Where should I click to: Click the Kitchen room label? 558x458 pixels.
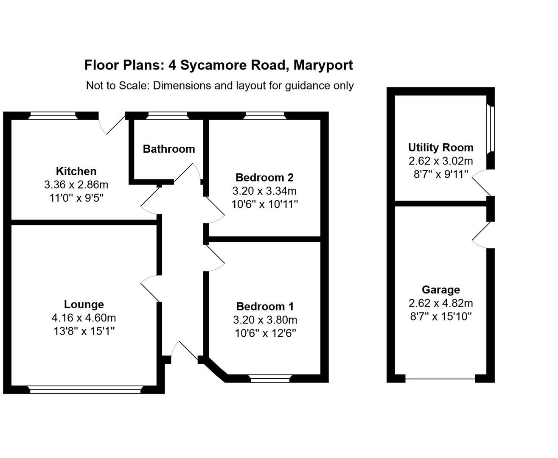click(x=76, y=171)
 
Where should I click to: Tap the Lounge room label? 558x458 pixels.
click(x=84, y=304)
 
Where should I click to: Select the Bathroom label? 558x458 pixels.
click(x=169, y=149)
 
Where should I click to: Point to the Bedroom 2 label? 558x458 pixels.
click(x=264, y=177)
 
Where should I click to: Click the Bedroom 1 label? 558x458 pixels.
click(x=265, y=307)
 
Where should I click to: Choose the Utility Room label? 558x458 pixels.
click(x=440, y=148)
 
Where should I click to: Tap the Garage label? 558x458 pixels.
click(x=440, y=290)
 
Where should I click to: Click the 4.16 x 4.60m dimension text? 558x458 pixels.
click(x=84, y=318)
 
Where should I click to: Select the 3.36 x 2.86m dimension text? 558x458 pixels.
click(x=76, y=185)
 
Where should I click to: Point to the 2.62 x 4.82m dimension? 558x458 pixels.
click(x=440, y=303)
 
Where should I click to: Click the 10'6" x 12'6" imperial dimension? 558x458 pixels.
click(x=265, y=333)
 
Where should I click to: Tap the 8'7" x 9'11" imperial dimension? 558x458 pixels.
click(x=440, y=174)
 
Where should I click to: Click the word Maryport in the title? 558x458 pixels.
click(x=323, y=65)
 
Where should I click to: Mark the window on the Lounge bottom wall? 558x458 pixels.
click(x=85, y=389)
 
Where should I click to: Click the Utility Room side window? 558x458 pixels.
click(x=491, y=128)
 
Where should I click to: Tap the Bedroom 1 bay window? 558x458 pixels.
click(x=270, y=378)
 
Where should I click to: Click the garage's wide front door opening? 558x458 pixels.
click(x=440, y=378)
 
